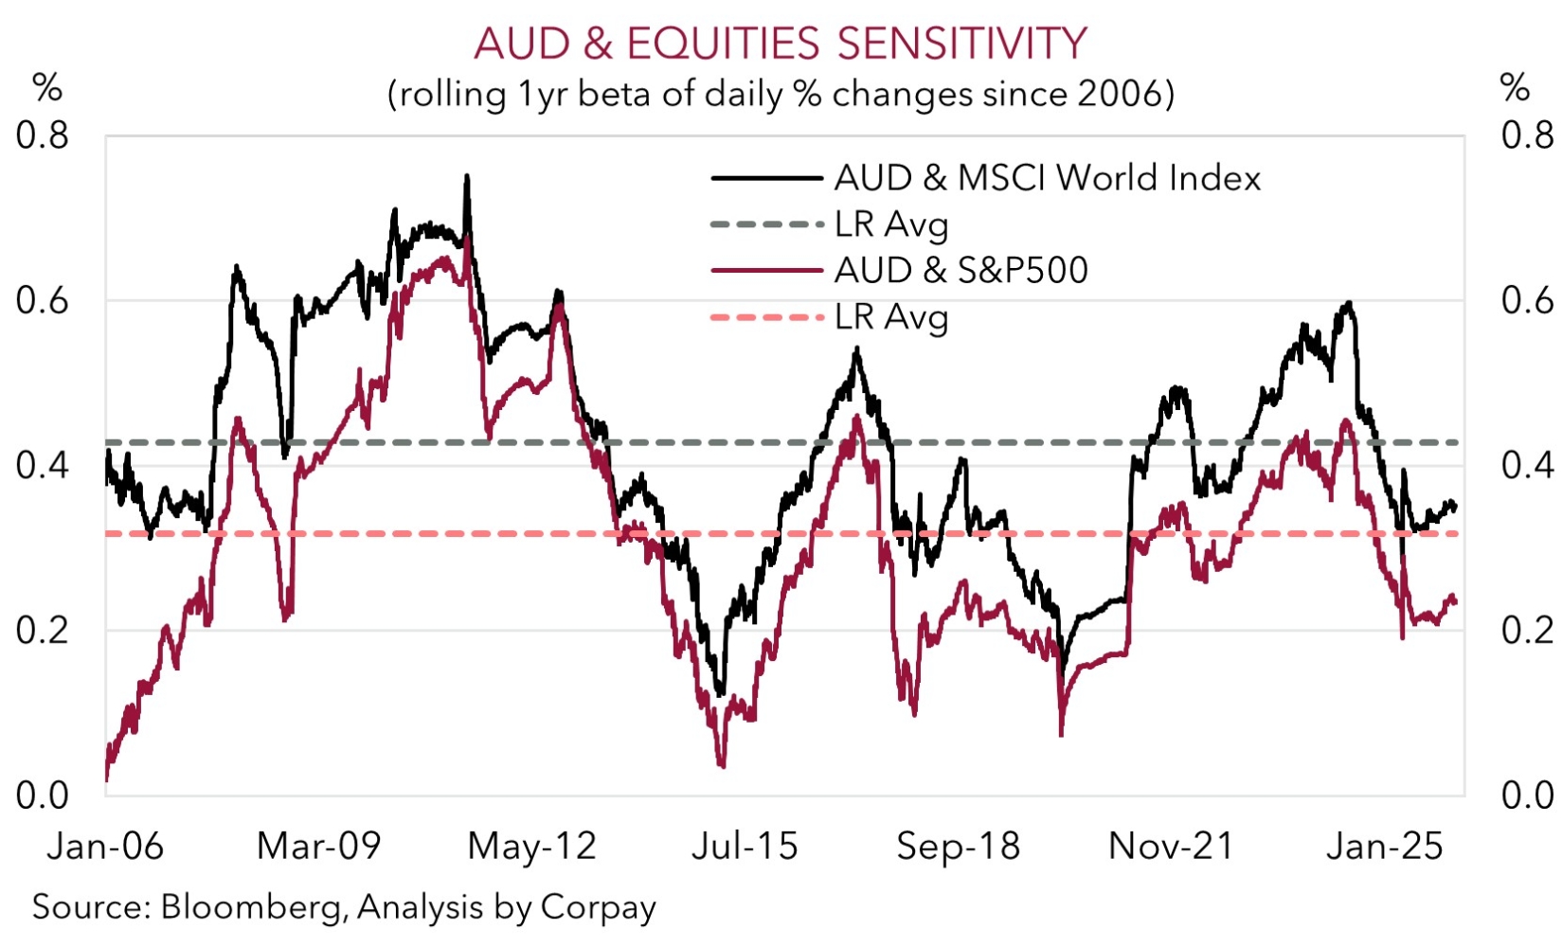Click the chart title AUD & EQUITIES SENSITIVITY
click(x=780, y=44)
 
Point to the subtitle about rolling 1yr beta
click(x=781, y=94)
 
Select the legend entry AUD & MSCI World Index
click(x=1047, y=178)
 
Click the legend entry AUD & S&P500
click(x=961, y=271)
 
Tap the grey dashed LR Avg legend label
click(x=890, y=224)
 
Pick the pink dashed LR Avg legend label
click(x=890, y=317)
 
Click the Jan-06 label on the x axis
click(x=105, y=846)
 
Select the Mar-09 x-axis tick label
click(x=318, y=846)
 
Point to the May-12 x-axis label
click(x=532, y=846)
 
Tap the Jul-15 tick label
click(x=745, y=846)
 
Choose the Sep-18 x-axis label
click(x=959, y=846)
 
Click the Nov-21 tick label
click(x=1172, y=846)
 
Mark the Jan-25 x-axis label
click(x=1385, y=846)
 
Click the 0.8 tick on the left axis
click(x=43, y=136)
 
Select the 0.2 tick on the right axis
click(x=1527, y=631)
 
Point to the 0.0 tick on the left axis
click(x=43, y=795)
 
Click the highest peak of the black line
click(x=466, y=176)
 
